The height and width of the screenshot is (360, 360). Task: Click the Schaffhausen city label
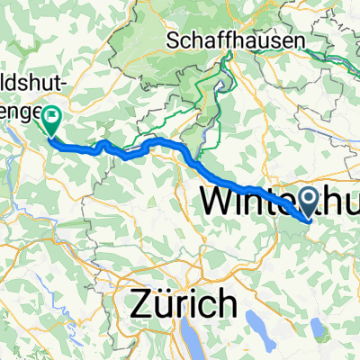[237, 40]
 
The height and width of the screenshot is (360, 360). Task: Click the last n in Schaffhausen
[298, 40]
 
